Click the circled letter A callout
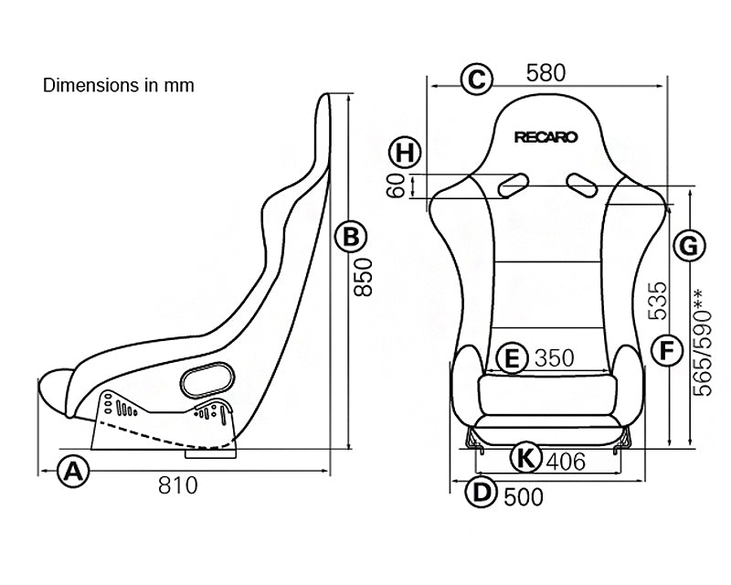(74, 473)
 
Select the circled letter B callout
(350, 238)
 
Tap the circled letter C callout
(475, 79)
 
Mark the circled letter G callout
(690, 245)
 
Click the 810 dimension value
(177, 485)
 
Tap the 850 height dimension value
(364, 276)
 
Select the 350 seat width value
(555, 357)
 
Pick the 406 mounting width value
(566, 463)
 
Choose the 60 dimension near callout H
(396, 187)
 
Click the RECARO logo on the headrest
(546, 137)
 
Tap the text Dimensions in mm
(119, 86)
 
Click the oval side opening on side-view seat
(207, 378)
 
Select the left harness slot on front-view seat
(513, 184)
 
